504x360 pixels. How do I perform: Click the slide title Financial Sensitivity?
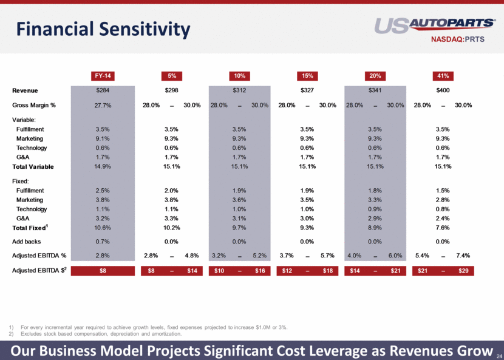click(103, 29)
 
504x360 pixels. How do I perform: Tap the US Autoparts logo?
click(435, 25)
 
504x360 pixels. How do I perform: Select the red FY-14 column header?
click(102, 76)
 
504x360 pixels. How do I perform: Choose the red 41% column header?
click(443, 76)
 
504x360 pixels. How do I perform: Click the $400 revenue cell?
click(443, 91)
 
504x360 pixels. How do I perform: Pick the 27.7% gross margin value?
click(102, 105)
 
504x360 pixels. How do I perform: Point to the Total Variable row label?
click(33, 166)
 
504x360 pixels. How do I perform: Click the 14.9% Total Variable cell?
click(102, 166)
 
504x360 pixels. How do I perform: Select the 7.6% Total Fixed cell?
click(443, 228)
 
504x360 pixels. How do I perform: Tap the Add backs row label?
click(28, 242)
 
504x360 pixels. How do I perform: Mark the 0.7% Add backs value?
click(102, 242)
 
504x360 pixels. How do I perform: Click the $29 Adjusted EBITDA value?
click(463, 270)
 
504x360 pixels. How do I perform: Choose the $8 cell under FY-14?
click(102, 270)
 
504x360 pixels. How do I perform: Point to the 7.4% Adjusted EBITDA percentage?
click(463, 256)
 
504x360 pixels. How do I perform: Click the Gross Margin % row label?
click(34, 105)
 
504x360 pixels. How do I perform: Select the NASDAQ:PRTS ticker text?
click(463, 40)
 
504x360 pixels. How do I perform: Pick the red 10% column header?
click(239, 76)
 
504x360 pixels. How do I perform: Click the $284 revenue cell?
click(102, 91)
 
